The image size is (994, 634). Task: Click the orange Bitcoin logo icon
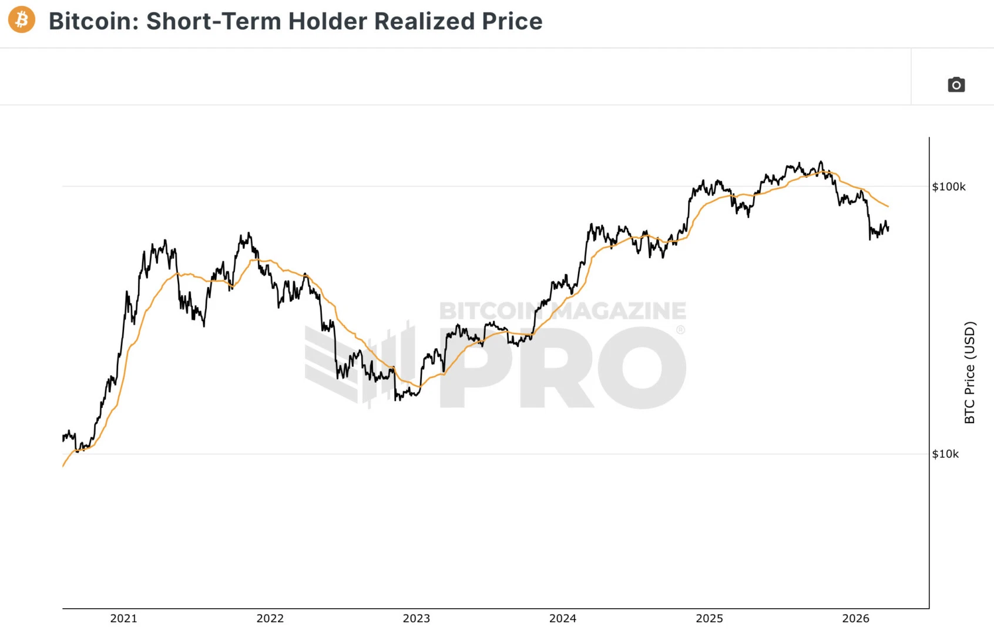[22, 20]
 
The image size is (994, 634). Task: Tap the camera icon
[956, 85]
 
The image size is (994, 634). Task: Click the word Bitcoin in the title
[93, 21]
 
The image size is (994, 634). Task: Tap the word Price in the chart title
[512, 21]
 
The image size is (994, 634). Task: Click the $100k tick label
[949, 187]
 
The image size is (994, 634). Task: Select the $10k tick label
[945, 454]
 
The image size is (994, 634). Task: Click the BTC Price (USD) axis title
[970, 372]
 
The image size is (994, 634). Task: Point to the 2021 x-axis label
[123, 618]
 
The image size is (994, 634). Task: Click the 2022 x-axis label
[270, 618]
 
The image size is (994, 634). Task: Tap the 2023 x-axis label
[417, 618]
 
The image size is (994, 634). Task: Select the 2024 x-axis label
[563, 618]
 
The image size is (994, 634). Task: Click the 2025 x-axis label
[709, 618]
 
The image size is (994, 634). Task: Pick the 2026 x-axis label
[856, 618]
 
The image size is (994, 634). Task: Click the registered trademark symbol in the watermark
[680, 330]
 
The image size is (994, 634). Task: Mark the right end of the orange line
[888, 207]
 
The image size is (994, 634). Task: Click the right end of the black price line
[888, 228]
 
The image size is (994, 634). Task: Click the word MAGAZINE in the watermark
[620, 311]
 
